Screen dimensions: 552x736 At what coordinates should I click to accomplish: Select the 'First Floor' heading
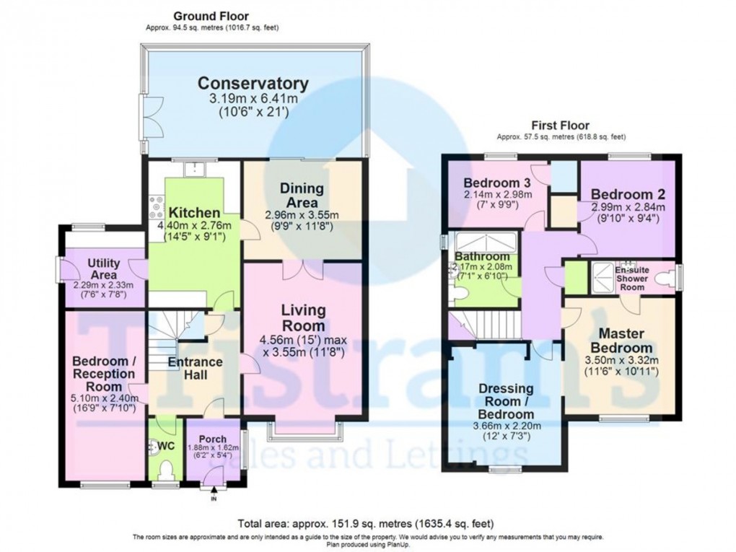[560, 125]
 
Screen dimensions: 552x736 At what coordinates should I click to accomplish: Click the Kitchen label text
[194, 213]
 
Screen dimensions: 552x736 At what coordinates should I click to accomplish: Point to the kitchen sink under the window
[194, 170]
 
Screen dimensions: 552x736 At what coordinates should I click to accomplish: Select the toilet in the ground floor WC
[165, 472]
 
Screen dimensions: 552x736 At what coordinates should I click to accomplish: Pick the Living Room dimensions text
[303, 348]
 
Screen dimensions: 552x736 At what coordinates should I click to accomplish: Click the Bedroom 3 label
[498, 182]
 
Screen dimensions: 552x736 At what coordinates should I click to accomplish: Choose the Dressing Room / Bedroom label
[506, 401]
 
